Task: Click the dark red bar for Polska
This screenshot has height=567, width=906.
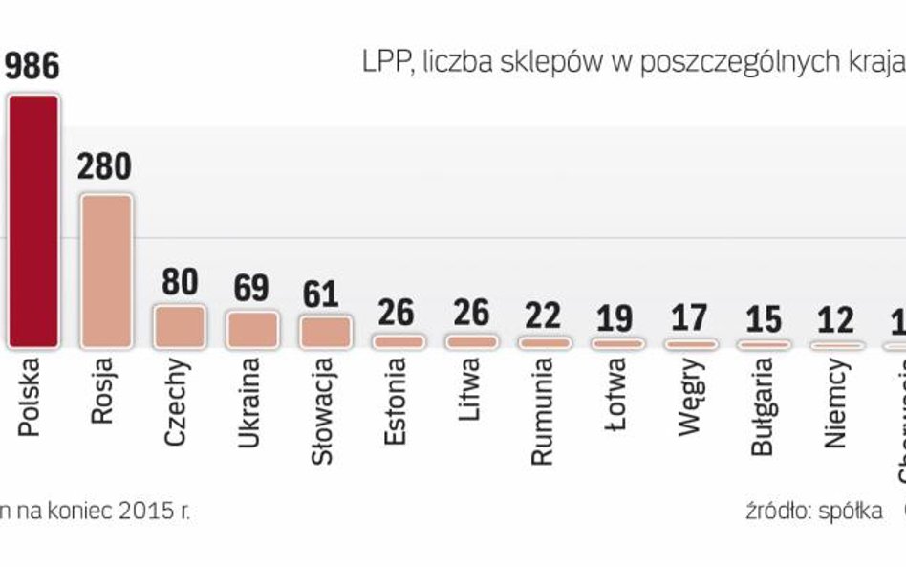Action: (33, 221)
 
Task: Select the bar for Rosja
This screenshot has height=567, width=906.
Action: (105, 272)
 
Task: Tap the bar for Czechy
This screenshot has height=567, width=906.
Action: (180, 325)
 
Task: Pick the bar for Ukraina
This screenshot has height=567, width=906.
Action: (251, 328)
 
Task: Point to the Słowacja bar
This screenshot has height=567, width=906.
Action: (325, 331)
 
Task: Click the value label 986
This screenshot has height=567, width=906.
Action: (32, 66)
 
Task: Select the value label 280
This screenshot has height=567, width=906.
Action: (104, 166)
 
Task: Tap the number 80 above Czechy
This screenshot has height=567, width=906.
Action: (180, 282)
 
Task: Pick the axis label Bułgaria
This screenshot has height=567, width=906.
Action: (761, 393)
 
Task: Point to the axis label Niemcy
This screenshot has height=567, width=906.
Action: (834, 388)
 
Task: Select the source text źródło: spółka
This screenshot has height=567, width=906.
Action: (813, 510)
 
